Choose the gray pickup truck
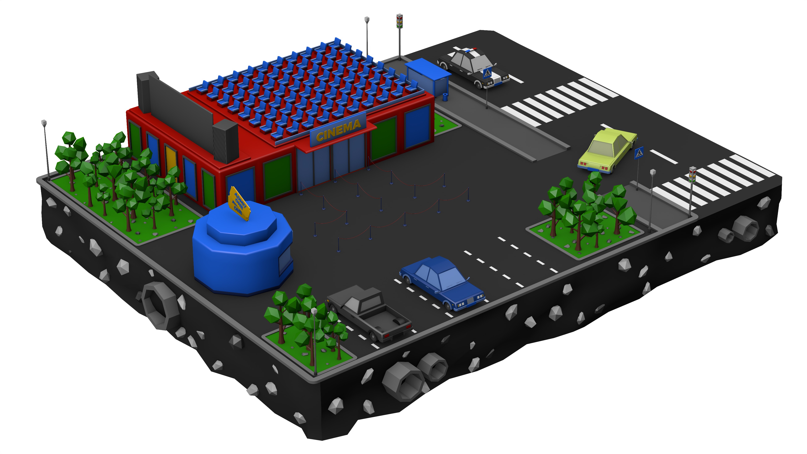pyautogui.click(x=370, y=313)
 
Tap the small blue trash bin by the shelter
pyautogui.click(x=445, y=97)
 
